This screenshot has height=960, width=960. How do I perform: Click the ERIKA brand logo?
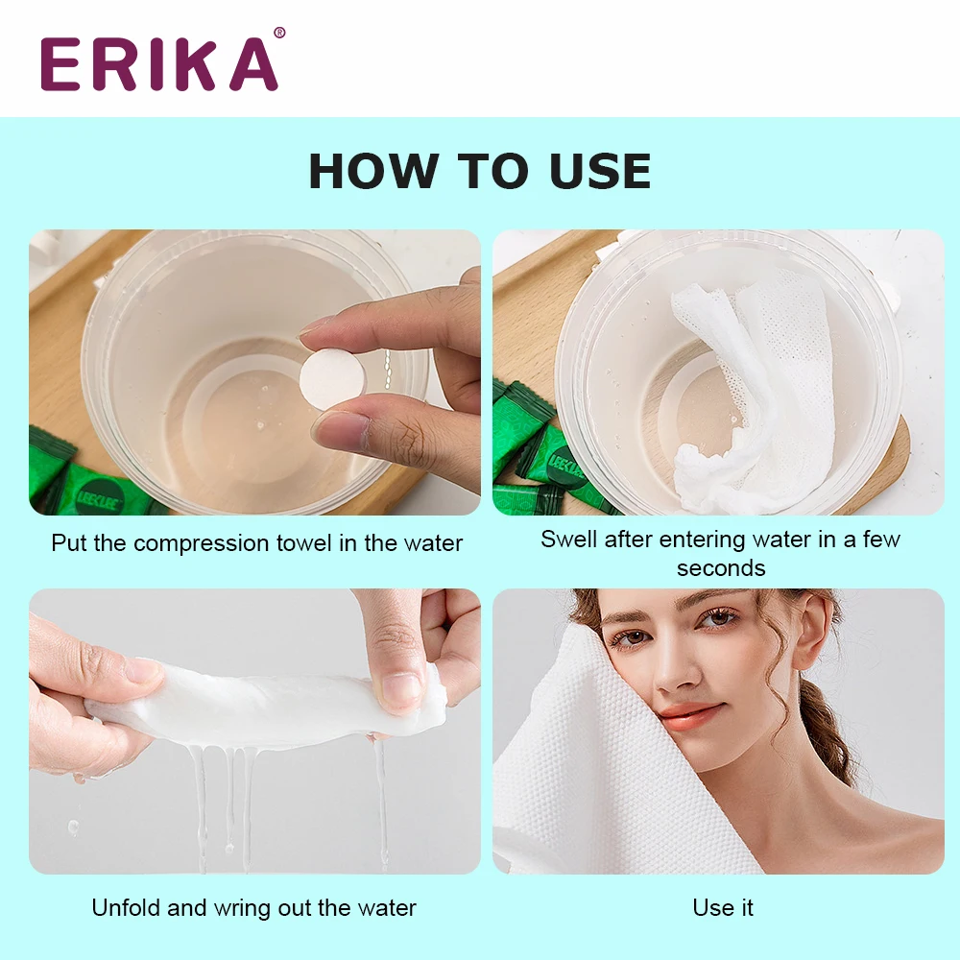point(159,64)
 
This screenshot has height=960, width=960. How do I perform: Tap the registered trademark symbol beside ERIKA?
point(279,34)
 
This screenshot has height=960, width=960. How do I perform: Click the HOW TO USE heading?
point(479,171)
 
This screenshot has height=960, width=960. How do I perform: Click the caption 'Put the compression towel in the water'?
point(256,543)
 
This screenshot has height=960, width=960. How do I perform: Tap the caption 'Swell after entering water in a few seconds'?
point(720,553)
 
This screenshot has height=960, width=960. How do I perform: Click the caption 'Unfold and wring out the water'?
point(253,907)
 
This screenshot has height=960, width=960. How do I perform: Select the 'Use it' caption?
point(722,907)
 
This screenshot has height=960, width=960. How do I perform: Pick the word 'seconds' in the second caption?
point(720,567)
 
